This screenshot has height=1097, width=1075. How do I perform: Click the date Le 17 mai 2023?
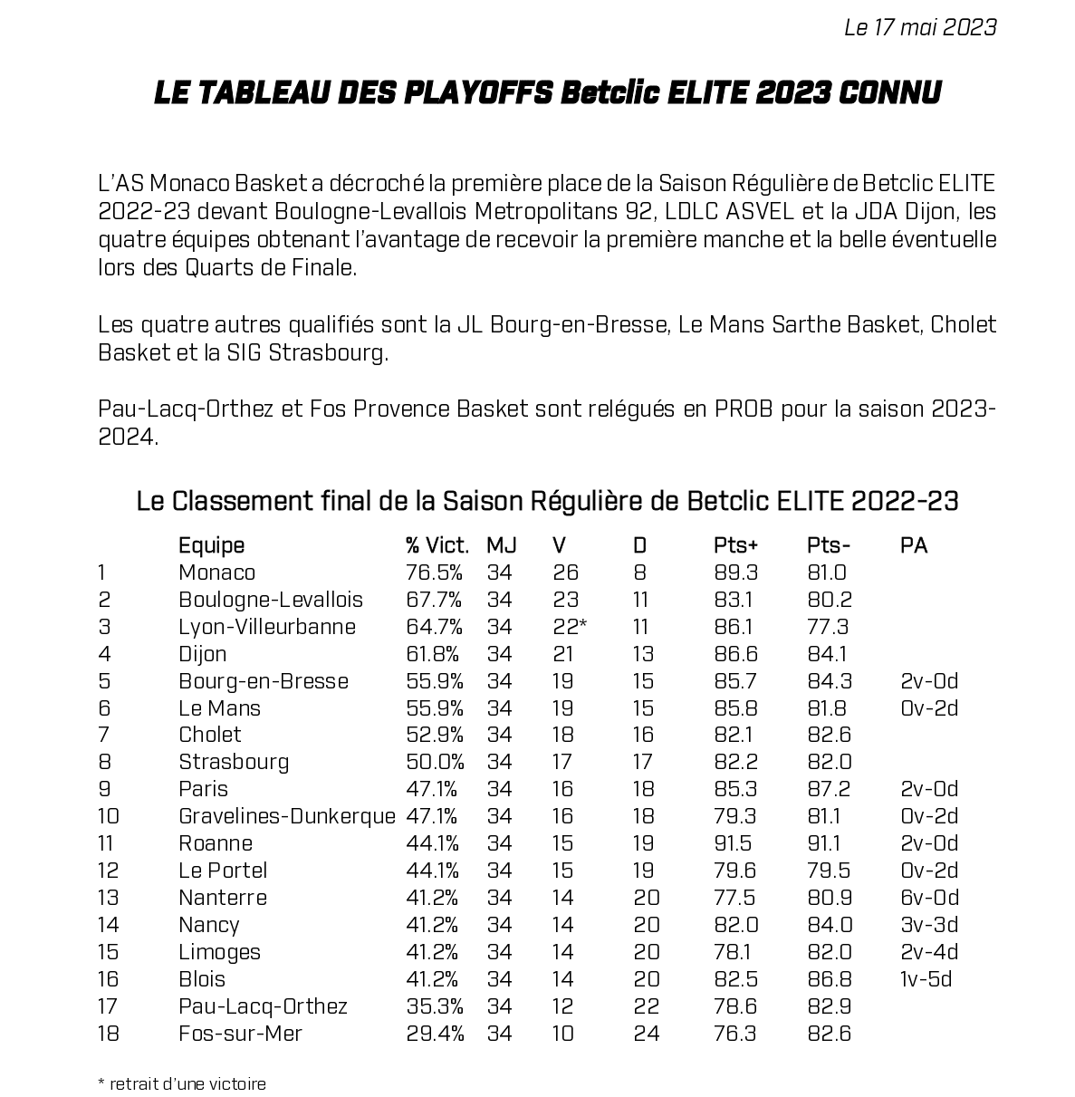click(x=919, y=27)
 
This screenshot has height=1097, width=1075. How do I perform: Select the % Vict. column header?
click(x=437, y=545)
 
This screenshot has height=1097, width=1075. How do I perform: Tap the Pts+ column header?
click(x=735, y=545)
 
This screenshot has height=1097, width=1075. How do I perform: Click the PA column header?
click(x=914, y=545)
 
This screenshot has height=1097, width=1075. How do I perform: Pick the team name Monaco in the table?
click(x=216, y=573)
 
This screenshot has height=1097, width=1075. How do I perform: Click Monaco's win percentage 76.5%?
click(x=434, y=573)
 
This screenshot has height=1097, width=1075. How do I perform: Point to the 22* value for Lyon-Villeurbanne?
click(x=571, y=627)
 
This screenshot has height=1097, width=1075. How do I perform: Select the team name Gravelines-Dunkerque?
click(x=287, y=816)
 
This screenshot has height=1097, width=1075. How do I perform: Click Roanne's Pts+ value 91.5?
click(x=733, y=843)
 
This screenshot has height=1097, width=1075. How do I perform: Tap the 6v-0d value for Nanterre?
click(x=929, y=898)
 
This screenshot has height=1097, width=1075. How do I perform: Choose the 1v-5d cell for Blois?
click(x=926, y=979)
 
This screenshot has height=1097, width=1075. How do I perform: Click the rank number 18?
click(x=108, y=1034)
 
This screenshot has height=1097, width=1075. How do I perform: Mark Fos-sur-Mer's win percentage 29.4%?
click(x=435, y=1034)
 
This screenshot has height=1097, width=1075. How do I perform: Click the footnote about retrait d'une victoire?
click(x=182, y=1083)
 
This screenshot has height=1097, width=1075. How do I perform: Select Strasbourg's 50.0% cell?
click(x=435, y=762)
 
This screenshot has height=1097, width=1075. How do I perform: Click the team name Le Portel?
click(x=223, y=871)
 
